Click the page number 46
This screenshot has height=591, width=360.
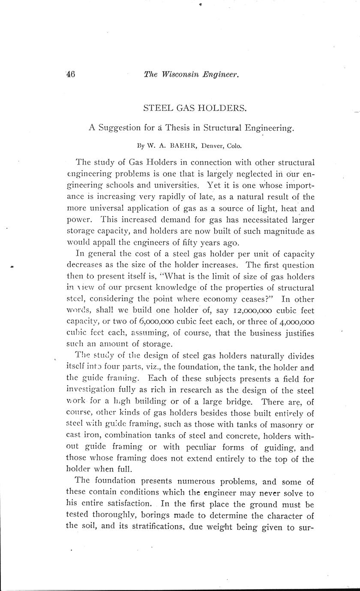coord(71,74)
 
